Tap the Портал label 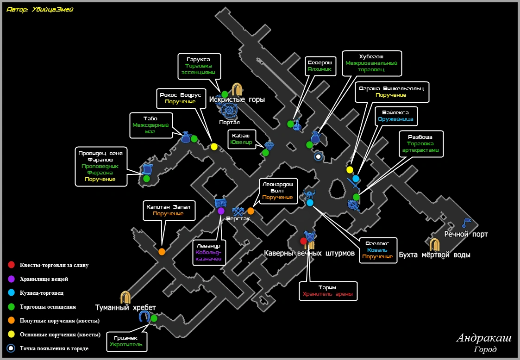point(230,122)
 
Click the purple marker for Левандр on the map point(221,211)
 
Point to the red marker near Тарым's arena point(303,241)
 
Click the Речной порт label point(466,235)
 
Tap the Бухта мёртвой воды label point(434,255)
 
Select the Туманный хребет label point(125,307)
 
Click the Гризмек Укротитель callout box point(129,341)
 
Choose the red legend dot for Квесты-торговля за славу point(11,265)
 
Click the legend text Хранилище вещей point(44,279)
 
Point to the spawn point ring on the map point(318,157)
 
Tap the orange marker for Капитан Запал point(162,252)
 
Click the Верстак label point(238,218)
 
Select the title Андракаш point(483,338)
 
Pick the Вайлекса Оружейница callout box point(395,116)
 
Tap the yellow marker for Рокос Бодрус point(214,147)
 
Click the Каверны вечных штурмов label point(309,254)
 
